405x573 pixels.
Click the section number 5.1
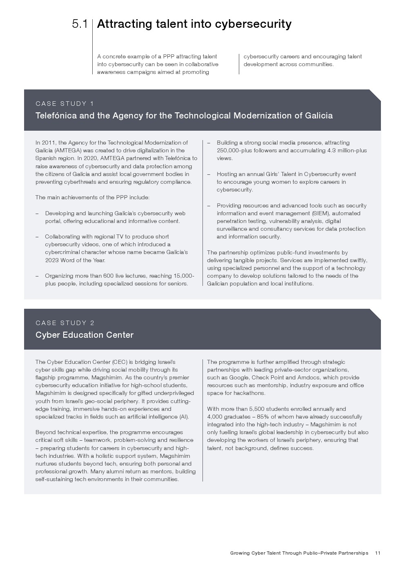tap(80, 24)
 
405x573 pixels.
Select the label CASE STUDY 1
tap(65, 104)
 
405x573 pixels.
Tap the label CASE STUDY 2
tap(65, 323)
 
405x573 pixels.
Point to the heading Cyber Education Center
tap(85, 335)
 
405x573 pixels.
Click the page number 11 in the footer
tap(378, 553)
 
